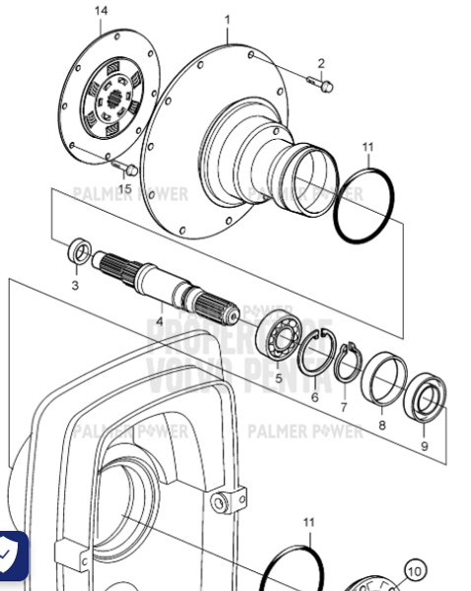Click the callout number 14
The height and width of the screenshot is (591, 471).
(101, 11)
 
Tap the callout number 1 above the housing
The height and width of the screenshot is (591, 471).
(227, 19)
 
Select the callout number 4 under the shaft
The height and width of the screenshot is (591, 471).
(160, 320)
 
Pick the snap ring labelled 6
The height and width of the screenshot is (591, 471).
(315, 355)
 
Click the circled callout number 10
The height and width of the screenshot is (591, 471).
(415, 570)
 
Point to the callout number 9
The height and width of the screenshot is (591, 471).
(424, 445)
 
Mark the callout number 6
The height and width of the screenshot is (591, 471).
(314, 397)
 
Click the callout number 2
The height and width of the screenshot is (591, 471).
(320, 64)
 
